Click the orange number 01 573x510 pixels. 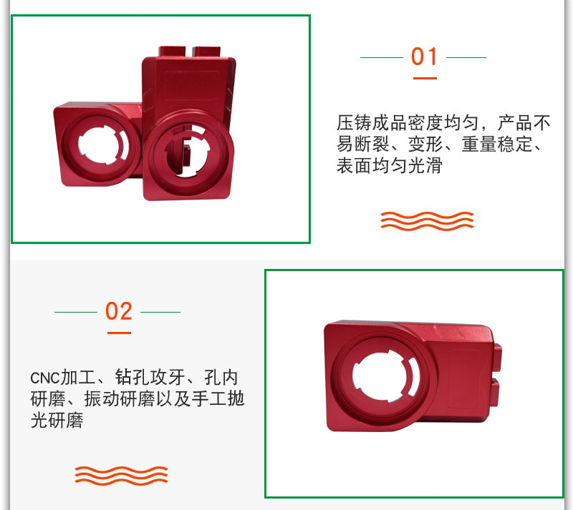[424, 57]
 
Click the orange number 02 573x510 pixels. [118, 311]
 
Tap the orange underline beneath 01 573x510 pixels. [425, 78]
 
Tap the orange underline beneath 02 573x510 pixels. [119, 333]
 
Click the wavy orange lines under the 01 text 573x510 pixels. [427, 221]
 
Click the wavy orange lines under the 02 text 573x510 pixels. [121, 476]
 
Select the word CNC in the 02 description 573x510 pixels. [45, 378]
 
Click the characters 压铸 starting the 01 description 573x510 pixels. [354, 123]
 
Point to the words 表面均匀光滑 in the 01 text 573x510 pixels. [389, 166]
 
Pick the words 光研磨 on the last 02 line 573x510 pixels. [57, 420]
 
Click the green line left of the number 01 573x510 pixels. [382, 57]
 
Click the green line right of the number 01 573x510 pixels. [466, 57]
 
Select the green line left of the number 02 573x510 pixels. [76, 312]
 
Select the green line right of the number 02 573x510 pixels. [160, 312]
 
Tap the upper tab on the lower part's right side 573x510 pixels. [497, 358]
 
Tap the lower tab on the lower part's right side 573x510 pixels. [495, 393]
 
